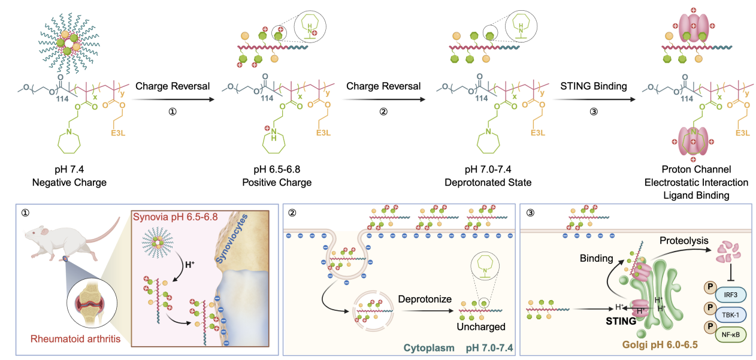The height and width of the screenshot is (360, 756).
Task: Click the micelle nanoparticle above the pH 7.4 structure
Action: coord(69,43)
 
